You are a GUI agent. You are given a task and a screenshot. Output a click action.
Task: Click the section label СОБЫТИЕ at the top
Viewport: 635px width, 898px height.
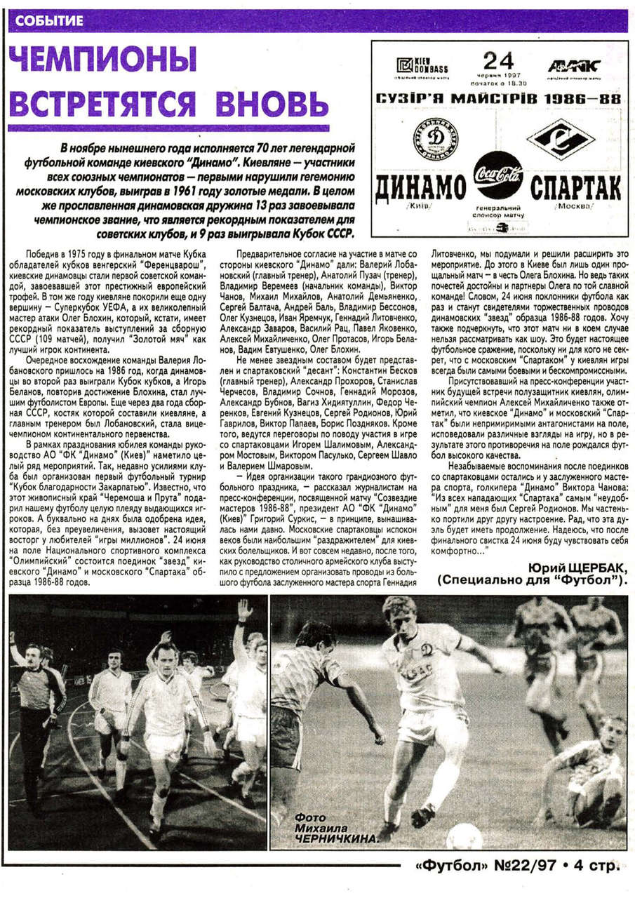click(48, 21)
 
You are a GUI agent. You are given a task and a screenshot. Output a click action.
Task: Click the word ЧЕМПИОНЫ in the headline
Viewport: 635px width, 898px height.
click(102, 66)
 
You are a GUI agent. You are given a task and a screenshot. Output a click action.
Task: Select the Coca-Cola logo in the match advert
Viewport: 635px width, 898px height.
click(498, 175)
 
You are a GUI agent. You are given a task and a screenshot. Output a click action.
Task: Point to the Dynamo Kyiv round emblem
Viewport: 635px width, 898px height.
click(436, 139)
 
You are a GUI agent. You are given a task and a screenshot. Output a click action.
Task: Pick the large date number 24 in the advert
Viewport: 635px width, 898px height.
click(498, 61)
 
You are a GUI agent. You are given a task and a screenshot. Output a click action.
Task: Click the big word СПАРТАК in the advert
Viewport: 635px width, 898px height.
click(576, 188)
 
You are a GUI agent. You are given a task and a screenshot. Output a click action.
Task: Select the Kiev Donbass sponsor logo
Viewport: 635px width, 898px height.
click(422, 67)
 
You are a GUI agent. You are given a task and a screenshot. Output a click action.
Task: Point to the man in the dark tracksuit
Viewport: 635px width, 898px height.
click(35, 709)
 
